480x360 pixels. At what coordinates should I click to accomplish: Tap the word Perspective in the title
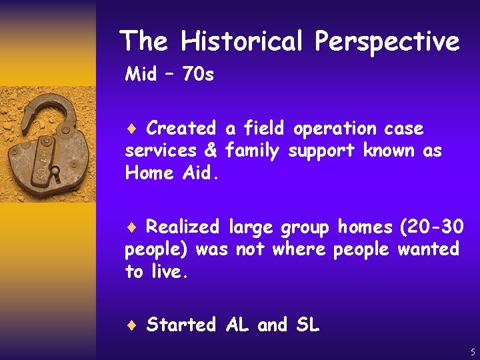[x=387, y=41]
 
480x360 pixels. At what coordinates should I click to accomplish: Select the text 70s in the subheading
[x=198, y=74]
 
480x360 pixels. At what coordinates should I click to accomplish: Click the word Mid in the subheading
[x=141, y=74]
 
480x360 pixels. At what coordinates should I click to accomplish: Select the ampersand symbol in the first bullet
[x=211, y=151]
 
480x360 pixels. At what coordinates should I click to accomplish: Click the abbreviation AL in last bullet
[x=238, y=325]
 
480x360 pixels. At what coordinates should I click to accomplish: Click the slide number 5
[x=473, y=352]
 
